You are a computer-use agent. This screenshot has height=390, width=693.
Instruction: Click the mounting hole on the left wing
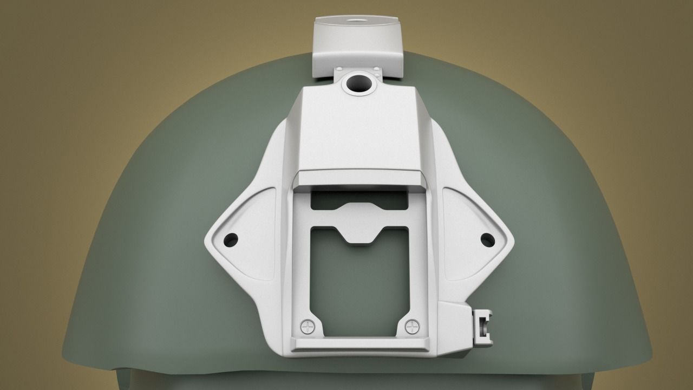[231, 238]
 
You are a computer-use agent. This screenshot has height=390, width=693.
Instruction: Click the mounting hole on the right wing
[487, 238]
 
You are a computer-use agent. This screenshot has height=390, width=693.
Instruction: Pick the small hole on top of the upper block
[358, 21]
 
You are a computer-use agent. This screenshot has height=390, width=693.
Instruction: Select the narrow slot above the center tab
[359, 199]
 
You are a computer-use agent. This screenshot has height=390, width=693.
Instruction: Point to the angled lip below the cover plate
[359, 177]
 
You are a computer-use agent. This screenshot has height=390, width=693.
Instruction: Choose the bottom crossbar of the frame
[359, 343]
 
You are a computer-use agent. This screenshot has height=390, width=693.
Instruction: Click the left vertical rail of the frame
[301, 260]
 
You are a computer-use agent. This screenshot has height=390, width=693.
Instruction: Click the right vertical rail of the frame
[417, 260]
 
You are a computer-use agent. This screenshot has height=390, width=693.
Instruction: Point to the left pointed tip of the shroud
[208, 239]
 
